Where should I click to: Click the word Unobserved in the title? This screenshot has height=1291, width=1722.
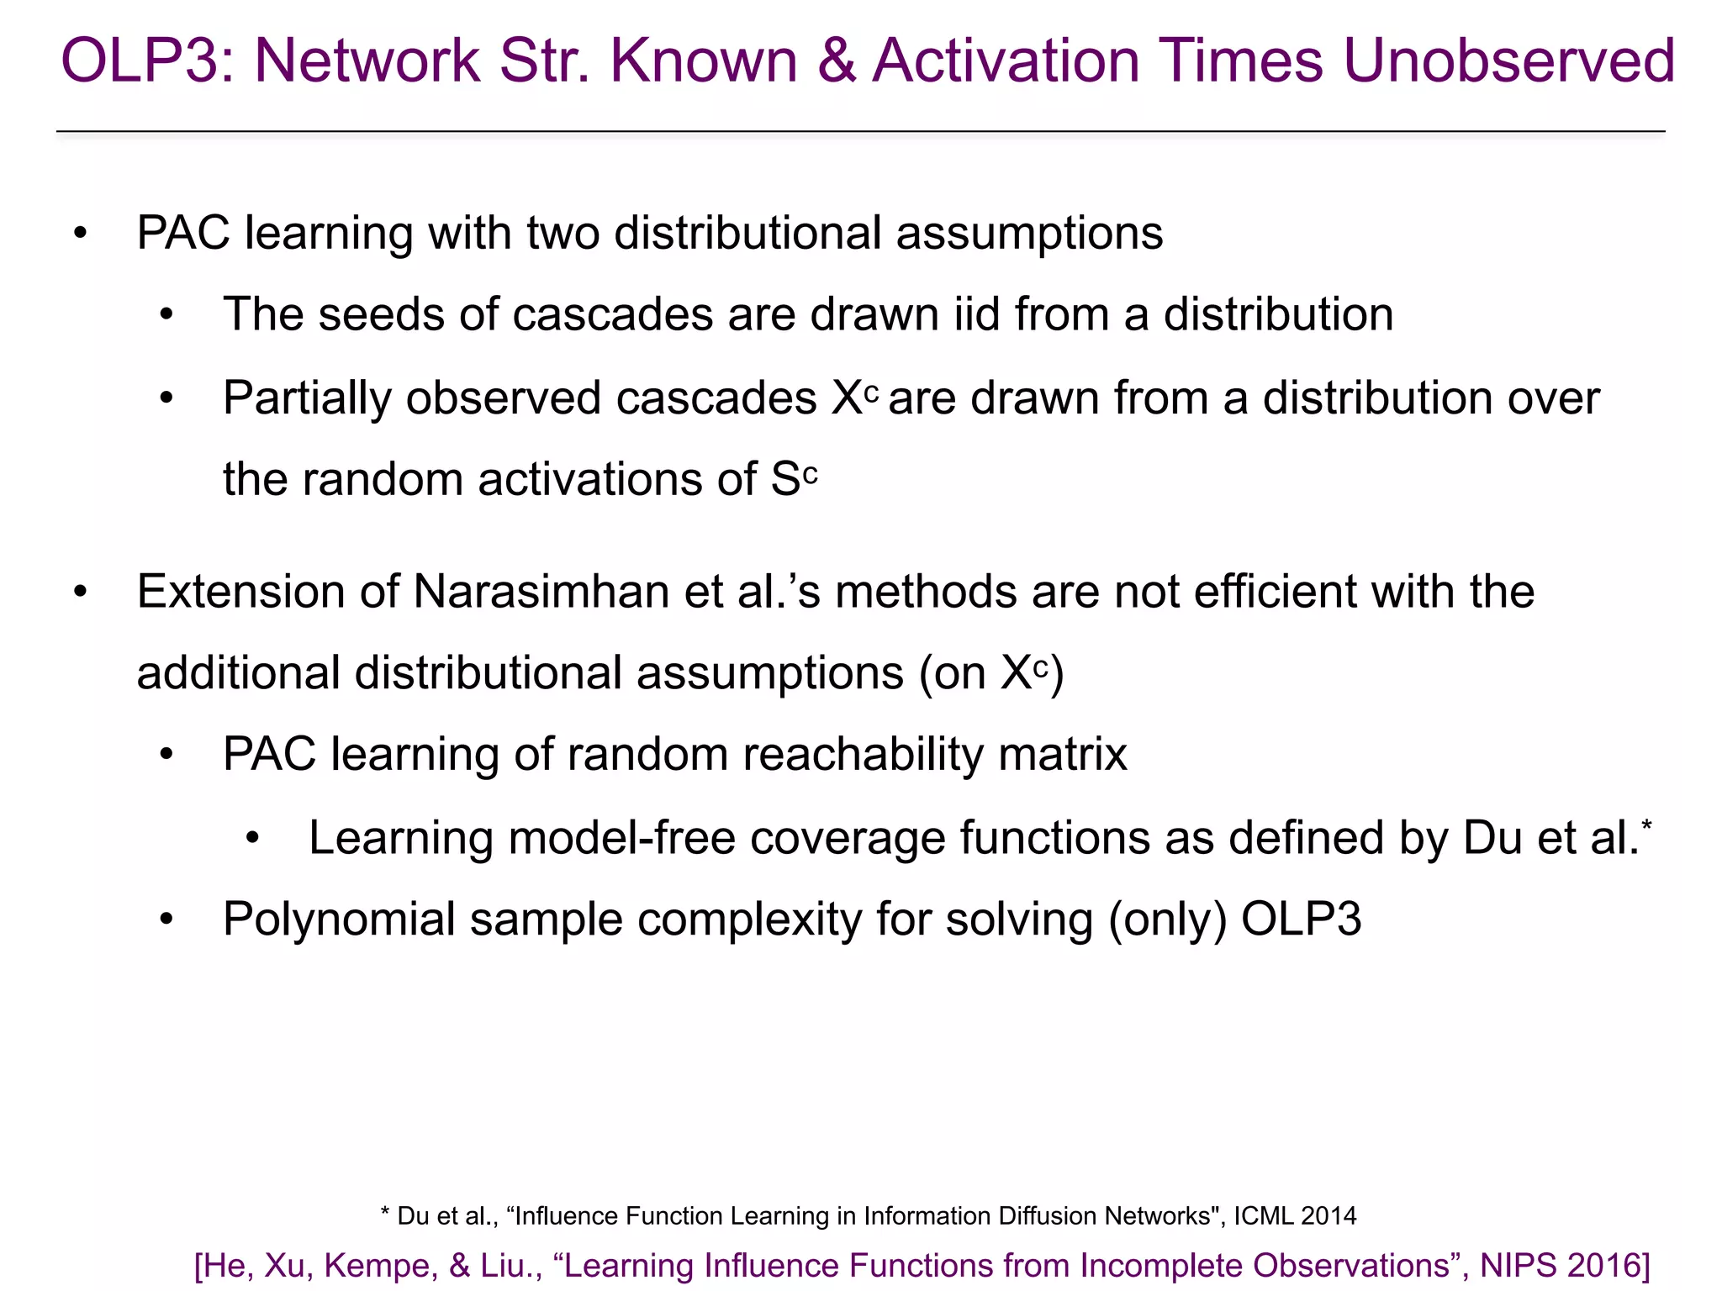(x=1509, y=61)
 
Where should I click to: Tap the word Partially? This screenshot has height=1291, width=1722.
(x=307, y=398)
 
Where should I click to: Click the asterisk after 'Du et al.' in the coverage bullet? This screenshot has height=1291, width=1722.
(x=1646, y=825)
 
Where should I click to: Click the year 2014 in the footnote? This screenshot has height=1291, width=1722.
(x=1328, y=1215)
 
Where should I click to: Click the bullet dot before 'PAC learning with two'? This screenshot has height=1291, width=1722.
(x=81, y=233)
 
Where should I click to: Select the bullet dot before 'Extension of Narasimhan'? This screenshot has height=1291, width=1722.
(x=81, y=592)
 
